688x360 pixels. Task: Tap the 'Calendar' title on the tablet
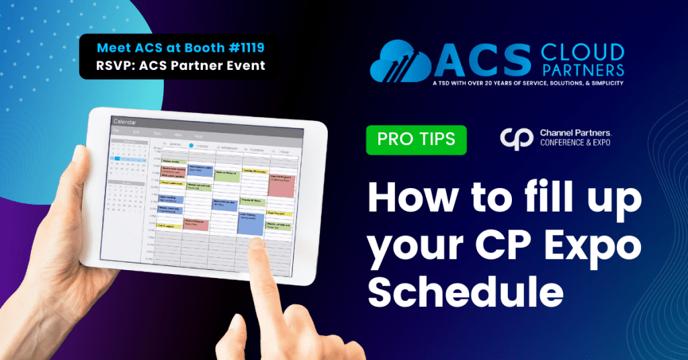click(x=125, y=122)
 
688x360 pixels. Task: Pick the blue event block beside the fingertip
click(x=251, y=223)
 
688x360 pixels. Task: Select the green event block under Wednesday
click(x=226, y=176)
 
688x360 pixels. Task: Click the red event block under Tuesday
click(x=196, y=225)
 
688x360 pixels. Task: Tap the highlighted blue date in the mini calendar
click(x=117, y=159)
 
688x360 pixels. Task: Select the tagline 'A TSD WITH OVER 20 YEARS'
click(x=497, y=83)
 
